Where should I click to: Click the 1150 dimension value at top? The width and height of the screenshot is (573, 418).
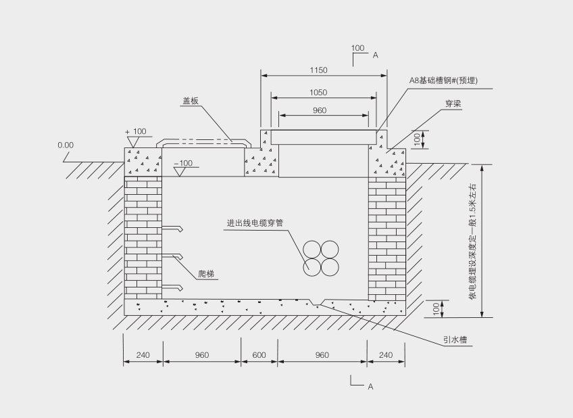(x=318, y=70)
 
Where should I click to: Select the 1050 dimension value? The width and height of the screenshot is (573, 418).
(x=318, y=93)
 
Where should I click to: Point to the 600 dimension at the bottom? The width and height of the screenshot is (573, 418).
(x=259, y=355)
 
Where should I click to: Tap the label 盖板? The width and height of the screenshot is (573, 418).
(x=190, y=101)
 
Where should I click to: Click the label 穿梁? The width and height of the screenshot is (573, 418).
(x=453, y=104)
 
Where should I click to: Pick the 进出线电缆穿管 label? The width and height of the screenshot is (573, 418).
(x=254, y=223)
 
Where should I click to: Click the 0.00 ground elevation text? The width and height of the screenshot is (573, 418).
(x=66, y=145)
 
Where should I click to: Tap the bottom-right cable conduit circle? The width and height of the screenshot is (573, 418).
(x=329, y=266)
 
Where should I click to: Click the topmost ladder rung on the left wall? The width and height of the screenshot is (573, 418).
(x=173, y=228)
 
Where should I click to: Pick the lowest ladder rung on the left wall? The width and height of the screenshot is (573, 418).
(x=173, y=287)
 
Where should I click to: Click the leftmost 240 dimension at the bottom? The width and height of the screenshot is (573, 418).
(x=143, y=355)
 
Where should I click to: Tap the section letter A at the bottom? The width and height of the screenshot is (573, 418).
(x=370, y=386)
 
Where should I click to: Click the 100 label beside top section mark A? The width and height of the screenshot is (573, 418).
(x=358, y=48)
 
